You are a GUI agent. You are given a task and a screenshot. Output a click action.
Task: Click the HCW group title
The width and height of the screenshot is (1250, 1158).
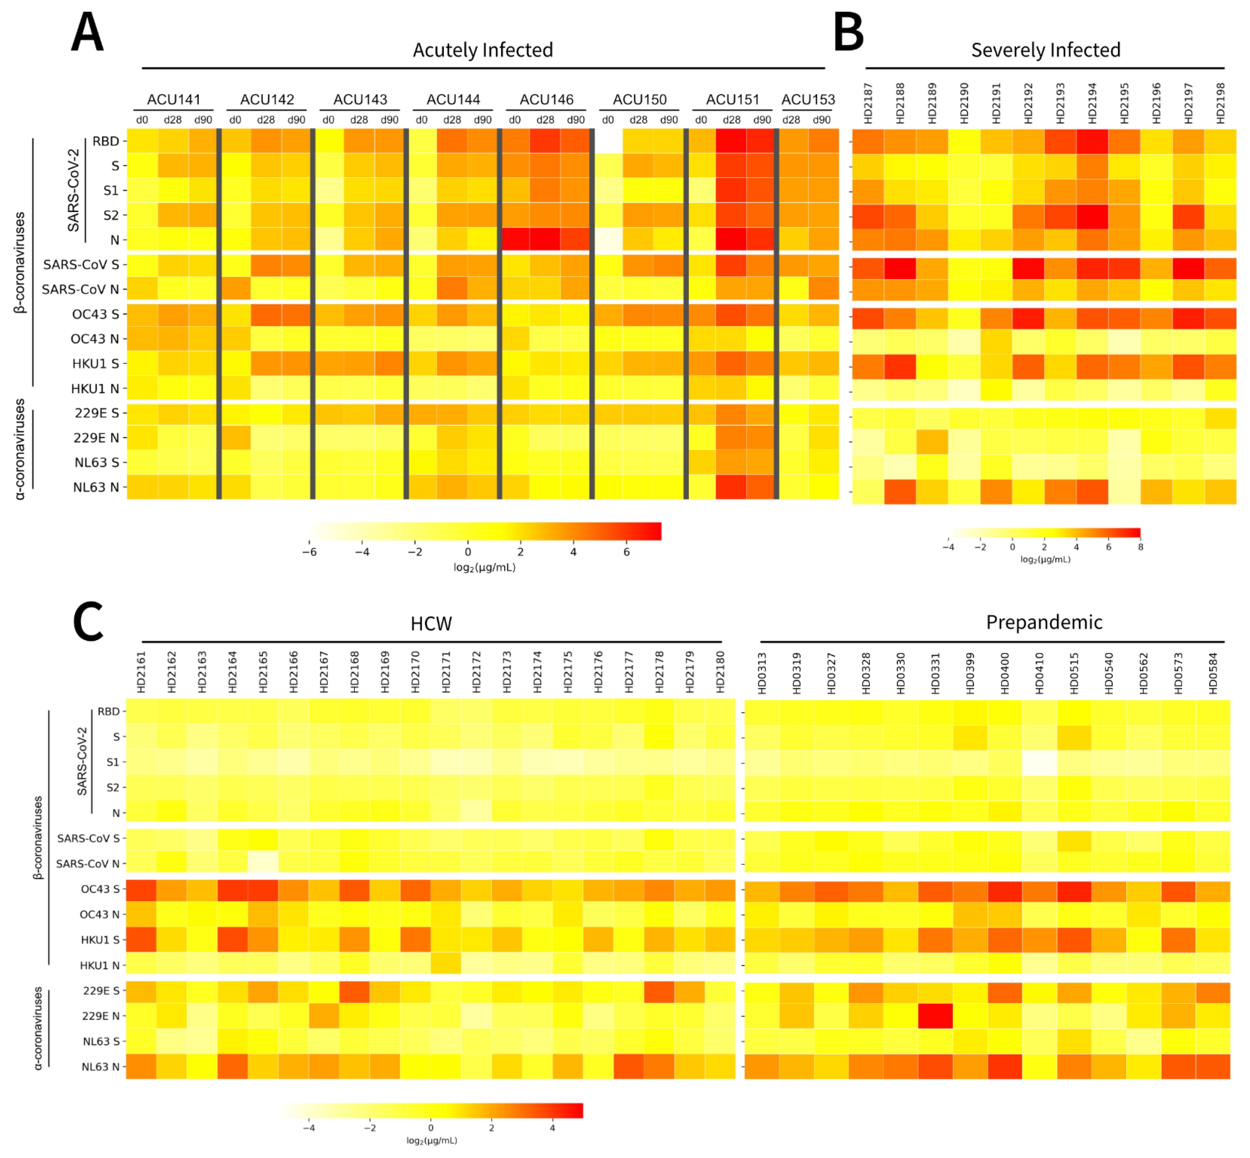point(431,623)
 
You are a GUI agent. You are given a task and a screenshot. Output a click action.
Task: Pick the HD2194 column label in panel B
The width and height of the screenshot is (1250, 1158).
point(1092,103)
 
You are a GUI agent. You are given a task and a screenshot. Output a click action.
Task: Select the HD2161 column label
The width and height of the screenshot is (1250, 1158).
point(141,672)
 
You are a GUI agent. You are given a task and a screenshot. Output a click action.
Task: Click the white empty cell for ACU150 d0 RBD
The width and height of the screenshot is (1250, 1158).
point(608,141)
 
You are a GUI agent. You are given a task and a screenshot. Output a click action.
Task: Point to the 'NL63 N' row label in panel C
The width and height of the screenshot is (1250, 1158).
point(100,1067)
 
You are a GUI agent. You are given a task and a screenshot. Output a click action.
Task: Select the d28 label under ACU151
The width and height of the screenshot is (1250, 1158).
point(731,120)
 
